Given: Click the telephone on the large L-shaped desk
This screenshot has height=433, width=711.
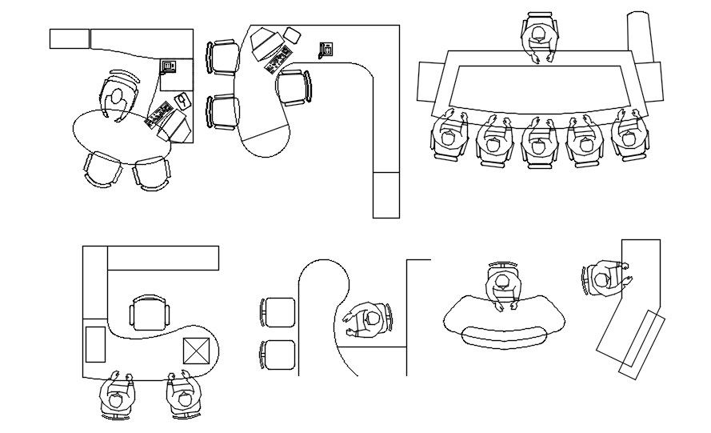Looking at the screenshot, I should [326, 50].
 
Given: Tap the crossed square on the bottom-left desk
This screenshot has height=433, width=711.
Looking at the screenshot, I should [196, 351].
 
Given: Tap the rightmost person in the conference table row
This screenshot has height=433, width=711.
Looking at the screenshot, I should [629, 134].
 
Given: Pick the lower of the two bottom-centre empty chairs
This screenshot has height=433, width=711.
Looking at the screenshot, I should [278, 355].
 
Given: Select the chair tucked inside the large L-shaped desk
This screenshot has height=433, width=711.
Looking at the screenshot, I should [293, 87].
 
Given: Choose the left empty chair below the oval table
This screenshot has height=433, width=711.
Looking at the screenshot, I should [103, 169].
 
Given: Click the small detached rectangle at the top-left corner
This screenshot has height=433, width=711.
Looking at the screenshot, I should [69, 38].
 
